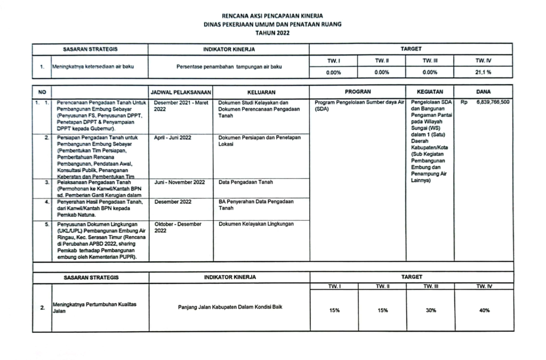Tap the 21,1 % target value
tap(484, 73)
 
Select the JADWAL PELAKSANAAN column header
tap(181, 92)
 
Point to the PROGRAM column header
tap(358, 92)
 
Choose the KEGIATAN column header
tap(430, 92)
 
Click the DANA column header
tap(484, 92)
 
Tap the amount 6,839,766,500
tap(490, 102)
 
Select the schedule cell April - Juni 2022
tap(173, 138)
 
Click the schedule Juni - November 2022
tap(180, 182)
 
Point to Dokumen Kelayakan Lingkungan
tap(256, 224)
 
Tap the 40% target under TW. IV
tap(484, 310)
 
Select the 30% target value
tap(430, 310)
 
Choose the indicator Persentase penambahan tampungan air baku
tap(229, 68)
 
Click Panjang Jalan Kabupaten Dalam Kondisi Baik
tap(230, 307)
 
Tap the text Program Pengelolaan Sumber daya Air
tap(360, 102)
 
